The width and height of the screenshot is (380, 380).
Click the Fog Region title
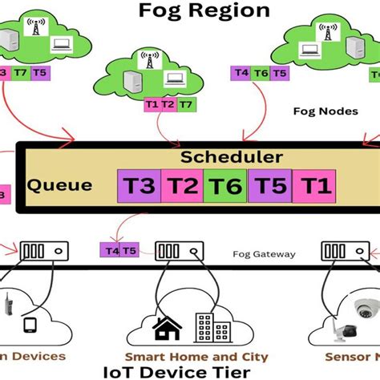[204, 11]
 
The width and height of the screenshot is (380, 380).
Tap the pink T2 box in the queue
[182, 188]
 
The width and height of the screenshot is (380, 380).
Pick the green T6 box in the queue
[225, 188]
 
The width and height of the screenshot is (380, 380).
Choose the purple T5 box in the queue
[269, 188]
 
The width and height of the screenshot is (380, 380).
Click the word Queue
[59, 185]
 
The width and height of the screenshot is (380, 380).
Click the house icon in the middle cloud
[167, 328]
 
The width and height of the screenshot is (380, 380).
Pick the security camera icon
[357, 306]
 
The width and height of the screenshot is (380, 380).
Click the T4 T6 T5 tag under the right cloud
[260, 73]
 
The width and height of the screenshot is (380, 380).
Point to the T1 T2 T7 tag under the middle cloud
[168, 105]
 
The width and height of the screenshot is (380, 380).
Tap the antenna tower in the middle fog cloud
[148, 59]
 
